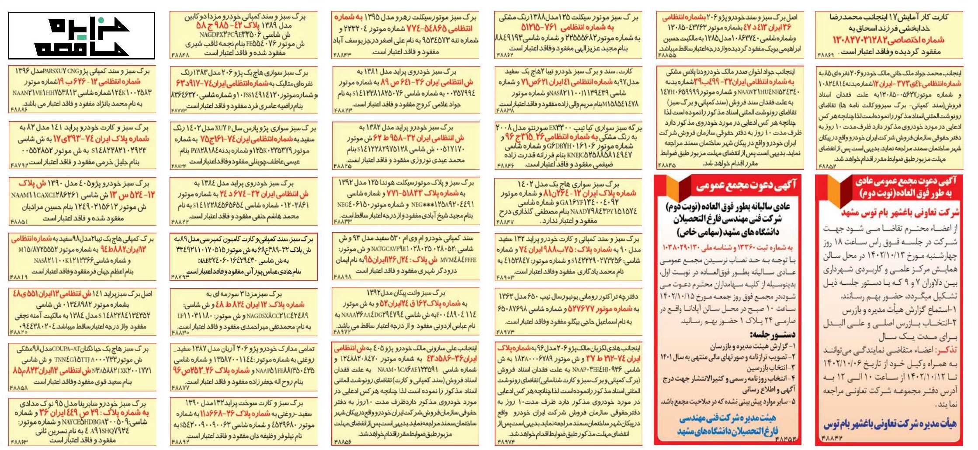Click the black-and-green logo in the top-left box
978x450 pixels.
coord(82,36)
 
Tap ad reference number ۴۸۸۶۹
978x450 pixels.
coord(825,56)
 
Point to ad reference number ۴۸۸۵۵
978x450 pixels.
coord(667,56)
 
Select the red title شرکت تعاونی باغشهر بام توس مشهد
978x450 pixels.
coord(900,213)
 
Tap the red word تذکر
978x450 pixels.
coord(948,350)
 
